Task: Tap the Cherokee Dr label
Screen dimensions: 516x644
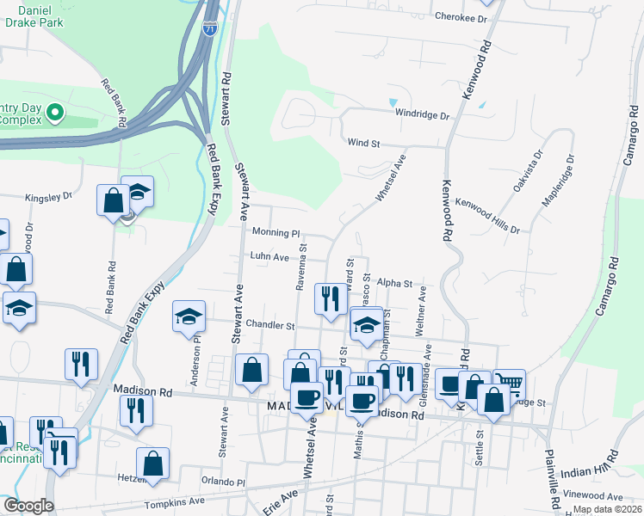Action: (x=455, y=16)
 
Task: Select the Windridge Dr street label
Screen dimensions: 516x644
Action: (x=422, y=114)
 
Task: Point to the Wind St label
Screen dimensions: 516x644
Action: (x=363, y=143)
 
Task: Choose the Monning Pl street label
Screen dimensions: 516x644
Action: (x=276, y=232)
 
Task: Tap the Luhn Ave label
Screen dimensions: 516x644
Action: (x=269, y=256)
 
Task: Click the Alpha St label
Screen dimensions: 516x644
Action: (x=395, y=282)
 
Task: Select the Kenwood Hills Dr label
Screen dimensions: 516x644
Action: (x=487, y=216)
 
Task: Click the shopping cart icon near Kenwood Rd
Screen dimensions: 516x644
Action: (x=509, y=384)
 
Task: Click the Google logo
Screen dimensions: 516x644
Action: (x=29, y=506)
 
